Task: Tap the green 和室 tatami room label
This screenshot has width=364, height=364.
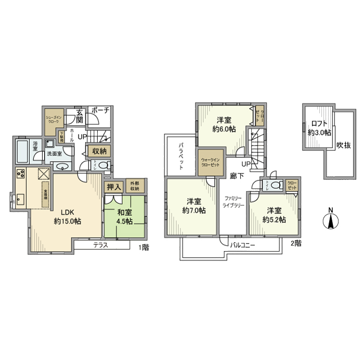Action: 124,212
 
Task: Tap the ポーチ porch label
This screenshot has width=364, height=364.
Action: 99,110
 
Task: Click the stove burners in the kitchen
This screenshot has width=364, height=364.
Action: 21,174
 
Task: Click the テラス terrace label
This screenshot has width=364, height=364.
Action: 100,245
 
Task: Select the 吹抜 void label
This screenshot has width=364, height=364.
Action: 342,146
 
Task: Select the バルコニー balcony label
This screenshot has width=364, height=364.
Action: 242,244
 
